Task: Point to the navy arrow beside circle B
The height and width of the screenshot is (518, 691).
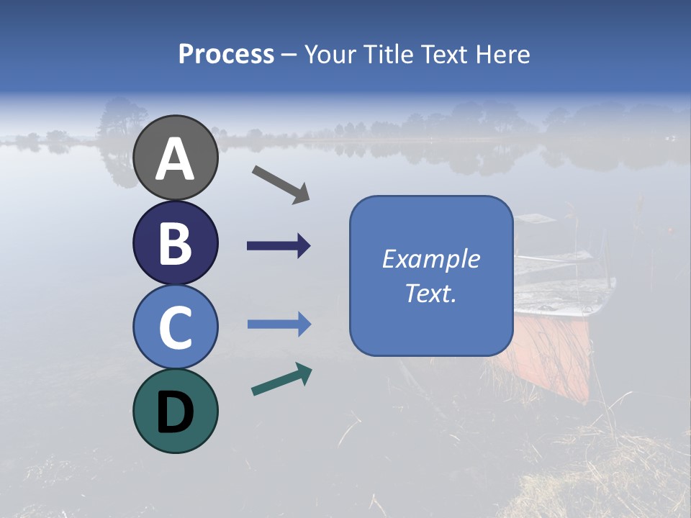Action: [279, 246]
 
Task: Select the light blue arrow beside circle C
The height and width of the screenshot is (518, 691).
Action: [279, 325]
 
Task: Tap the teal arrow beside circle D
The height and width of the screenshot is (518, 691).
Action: [281, 379]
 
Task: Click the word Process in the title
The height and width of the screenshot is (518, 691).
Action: [226, 55]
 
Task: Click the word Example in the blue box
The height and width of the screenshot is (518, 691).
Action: [430, 259]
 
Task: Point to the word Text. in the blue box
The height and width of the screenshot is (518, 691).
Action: [430, 294]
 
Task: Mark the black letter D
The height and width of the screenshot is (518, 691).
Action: [175, 413]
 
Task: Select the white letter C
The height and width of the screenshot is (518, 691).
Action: [175, 328]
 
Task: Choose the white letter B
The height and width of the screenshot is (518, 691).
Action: [175, 244]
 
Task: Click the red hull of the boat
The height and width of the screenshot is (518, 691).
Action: [554, 353]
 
